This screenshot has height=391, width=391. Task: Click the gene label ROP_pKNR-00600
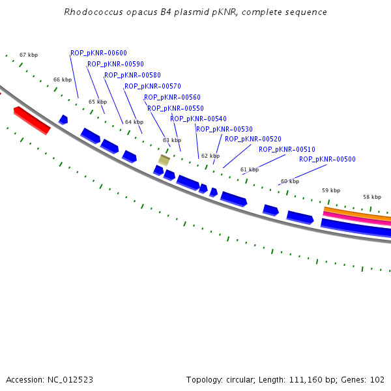[x=98, y=53]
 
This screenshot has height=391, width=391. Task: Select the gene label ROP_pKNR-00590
[x=115, y=65]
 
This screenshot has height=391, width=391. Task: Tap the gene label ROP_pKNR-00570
[x=152, y=87]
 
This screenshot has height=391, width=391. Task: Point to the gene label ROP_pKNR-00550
[x=175, y=109]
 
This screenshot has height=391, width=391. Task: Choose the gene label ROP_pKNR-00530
[x=224, y=130]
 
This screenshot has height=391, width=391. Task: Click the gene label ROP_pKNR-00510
[x=287, y=150]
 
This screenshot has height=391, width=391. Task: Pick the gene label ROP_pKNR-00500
[x=327, y=160]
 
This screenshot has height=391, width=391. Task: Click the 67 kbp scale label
[x=28, y=55]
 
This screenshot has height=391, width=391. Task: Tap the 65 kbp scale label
[x=97, y=102]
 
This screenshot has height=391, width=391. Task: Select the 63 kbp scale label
[x=171, y=141]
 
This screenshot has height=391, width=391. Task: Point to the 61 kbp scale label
[x=249, y=170]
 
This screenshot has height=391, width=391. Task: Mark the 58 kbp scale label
[x=372, y=197]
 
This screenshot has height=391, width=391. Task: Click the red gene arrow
[x=31, y=121]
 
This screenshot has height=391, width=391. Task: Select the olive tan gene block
[x=164, y=160]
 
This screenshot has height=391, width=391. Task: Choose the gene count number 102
[x=378, y=380]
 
